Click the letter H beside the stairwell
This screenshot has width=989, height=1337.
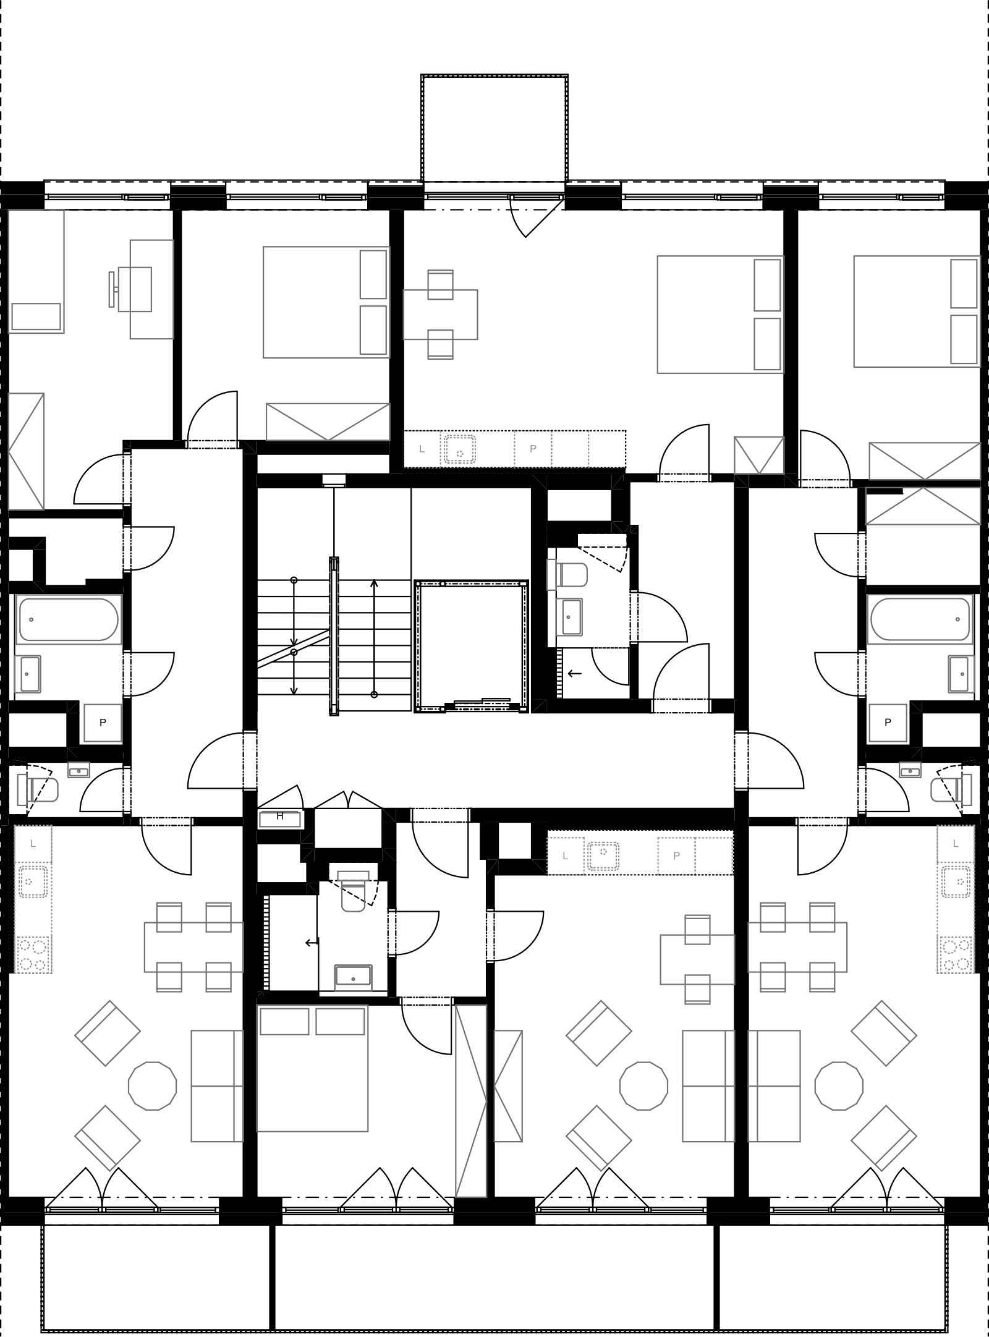coord(279,816)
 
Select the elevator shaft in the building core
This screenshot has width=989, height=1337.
coord(471,647)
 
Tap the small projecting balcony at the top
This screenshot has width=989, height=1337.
coord(494,128)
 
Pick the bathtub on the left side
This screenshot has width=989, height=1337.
coord(68,619)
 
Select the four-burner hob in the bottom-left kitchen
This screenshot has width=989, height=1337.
coord(32,956)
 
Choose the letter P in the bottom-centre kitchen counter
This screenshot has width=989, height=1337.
coord(677,856)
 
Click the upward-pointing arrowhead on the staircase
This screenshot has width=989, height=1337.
coord(374,583)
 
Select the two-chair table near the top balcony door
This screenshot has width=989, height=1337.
coord(440,315)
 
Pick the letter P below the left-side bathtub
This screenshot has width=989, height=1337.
coord(103,722)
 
